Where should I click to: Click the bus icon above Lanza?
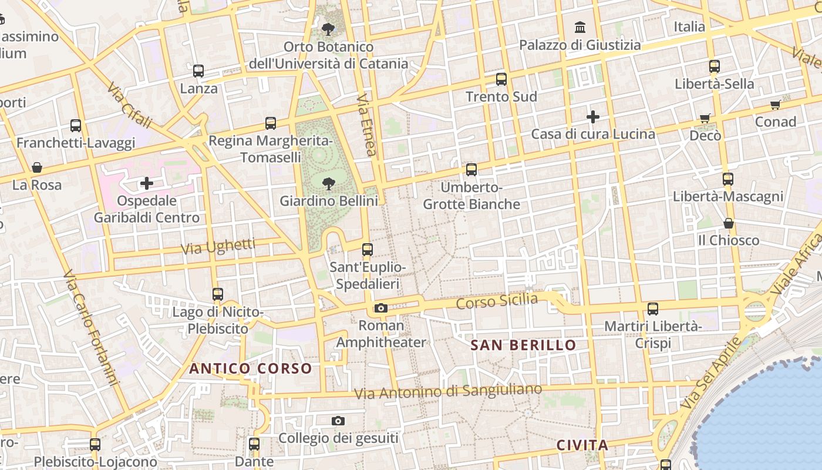click(x=198, y=71)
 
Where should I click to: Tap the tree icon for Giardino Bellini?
click(x=329, y=183)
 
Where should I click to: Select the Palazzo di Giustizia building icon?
click(x=580, y=27)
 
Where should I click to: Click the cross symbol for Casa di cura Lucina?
click(x=593, y=117)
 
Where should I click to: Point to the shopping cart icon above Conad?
click(x=776, y=105)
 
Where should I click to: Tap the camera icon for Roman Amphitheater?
click(x=380, y=308)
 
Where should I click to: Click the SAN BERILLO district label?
click(x=523, y=345)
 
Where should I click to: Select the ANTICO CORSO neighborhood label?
click(x=250, y=368)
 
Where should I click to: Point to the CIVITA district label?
click(x=582, y=445)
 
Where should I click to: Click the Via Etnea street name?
click(x=366, y=125)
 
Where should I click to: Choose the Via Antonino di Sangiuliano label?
click(x=448, y=391)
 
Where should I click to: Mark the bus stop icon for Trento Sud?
click(x=501, y=79)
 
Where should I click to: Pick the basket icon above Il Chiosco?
click(x=728, y=223)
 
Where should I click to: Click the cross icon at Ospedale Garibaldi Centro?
click(x=146, y=184)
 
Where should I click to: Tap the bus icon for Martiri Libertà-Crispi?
click(x=652, y=308)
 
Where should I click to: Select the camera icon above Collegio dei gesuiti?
click(x=338, y=421)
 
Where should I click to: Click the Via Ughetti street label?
click(x=218, y=246)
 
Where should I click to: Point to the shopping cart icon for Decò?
click(x=705, y=119)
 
